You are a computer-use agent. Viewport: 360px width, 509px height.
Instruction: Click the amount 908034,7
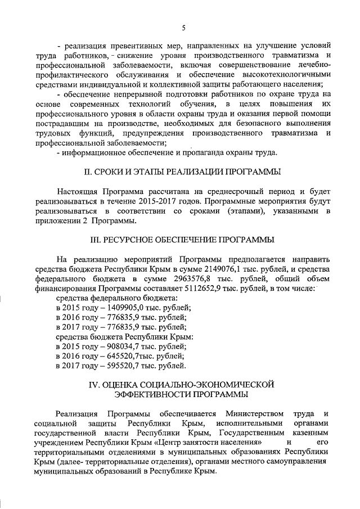(120, 346)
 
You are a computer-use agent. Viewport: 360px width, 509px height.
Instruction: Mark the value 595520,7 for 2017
(120, 366)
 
